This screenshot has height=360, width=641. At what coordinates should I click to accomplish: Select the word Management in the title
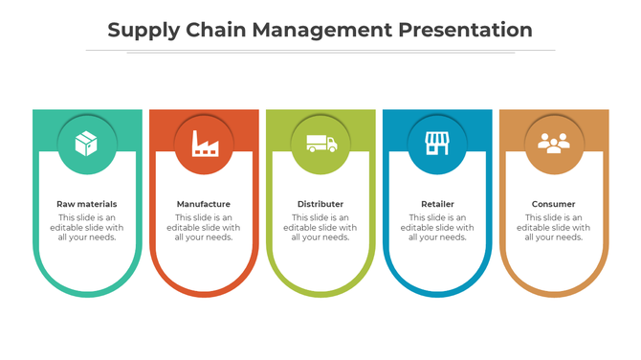pos(321,30)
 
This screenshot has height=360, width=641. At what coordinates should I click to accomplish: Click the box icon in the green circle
pos(87,144)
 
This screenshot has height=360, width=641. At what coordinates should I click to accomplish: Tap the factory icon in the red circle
pos(204,144)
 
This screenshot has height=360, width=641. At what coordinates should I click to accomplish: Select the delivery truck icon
pos(320,144)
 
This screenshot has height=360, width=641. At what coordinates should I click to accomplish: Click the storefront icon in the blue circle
pos(437,144)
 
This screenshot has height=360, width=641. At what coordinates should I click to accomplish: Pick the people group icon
pos(554,144)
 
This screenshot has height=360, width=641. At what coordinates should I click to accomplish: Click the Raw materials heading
pos(87,204)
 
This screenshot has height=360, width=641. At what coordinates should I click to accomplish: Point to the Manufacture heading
pos(204,204)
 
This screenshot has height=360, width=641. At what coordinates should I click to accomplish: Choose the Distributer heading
pos(320,204)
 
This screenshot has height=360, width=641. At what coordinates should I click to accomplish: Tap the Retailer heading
pos(437,204)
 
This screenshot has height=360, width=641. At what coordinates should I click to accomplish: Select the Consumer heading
pos(554,204)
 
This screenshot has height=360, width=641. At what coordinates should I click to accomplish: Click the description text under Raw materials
pos(87,228)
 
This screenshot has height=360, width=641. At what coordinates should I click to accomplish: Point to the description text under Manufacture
pos(204,228)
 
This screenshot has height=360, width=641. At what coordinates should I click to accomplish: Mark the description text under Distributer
pos(320,228)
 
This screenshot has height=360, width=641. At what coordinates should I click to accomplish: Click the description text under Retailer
pos(437,228)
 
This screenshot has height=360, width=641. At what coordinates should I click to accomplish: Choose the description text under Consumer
pos(554,228)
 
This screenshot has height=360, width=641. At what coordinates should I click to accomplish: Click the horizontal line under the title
pos(320,50)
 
